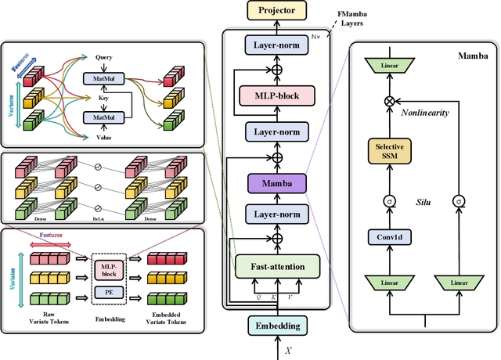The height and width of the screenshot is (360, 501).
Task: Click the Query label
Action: [104, 57]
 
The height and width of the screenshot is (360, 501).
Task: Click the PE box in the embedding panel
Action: [109, 292]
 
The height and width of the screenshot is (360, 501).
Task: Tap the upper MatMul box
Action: [104, 78]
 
